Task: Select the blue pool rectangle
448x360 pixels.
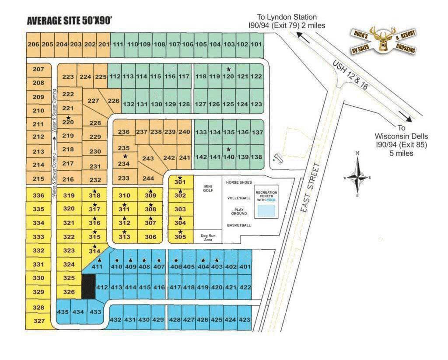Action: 266,211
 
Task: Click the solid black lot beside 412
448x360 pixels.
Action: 89,287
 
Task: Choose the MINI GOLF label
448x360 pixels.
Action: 208,189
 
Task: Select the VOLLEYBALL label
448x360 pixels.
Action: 239,198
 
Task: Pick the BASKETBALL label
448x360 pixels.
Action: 239,225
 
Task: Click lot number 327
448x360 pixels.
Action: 39,321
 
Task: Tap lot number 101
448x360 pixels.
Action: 256,44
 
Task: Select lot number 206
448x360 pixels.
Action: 33,44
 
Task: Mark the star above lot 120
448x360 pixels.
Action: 228,69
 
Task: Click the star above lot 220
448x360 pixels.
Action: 68,118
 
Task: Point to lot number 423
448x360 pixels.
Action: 245,320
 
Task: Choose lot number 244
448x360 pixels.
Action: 148,178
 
